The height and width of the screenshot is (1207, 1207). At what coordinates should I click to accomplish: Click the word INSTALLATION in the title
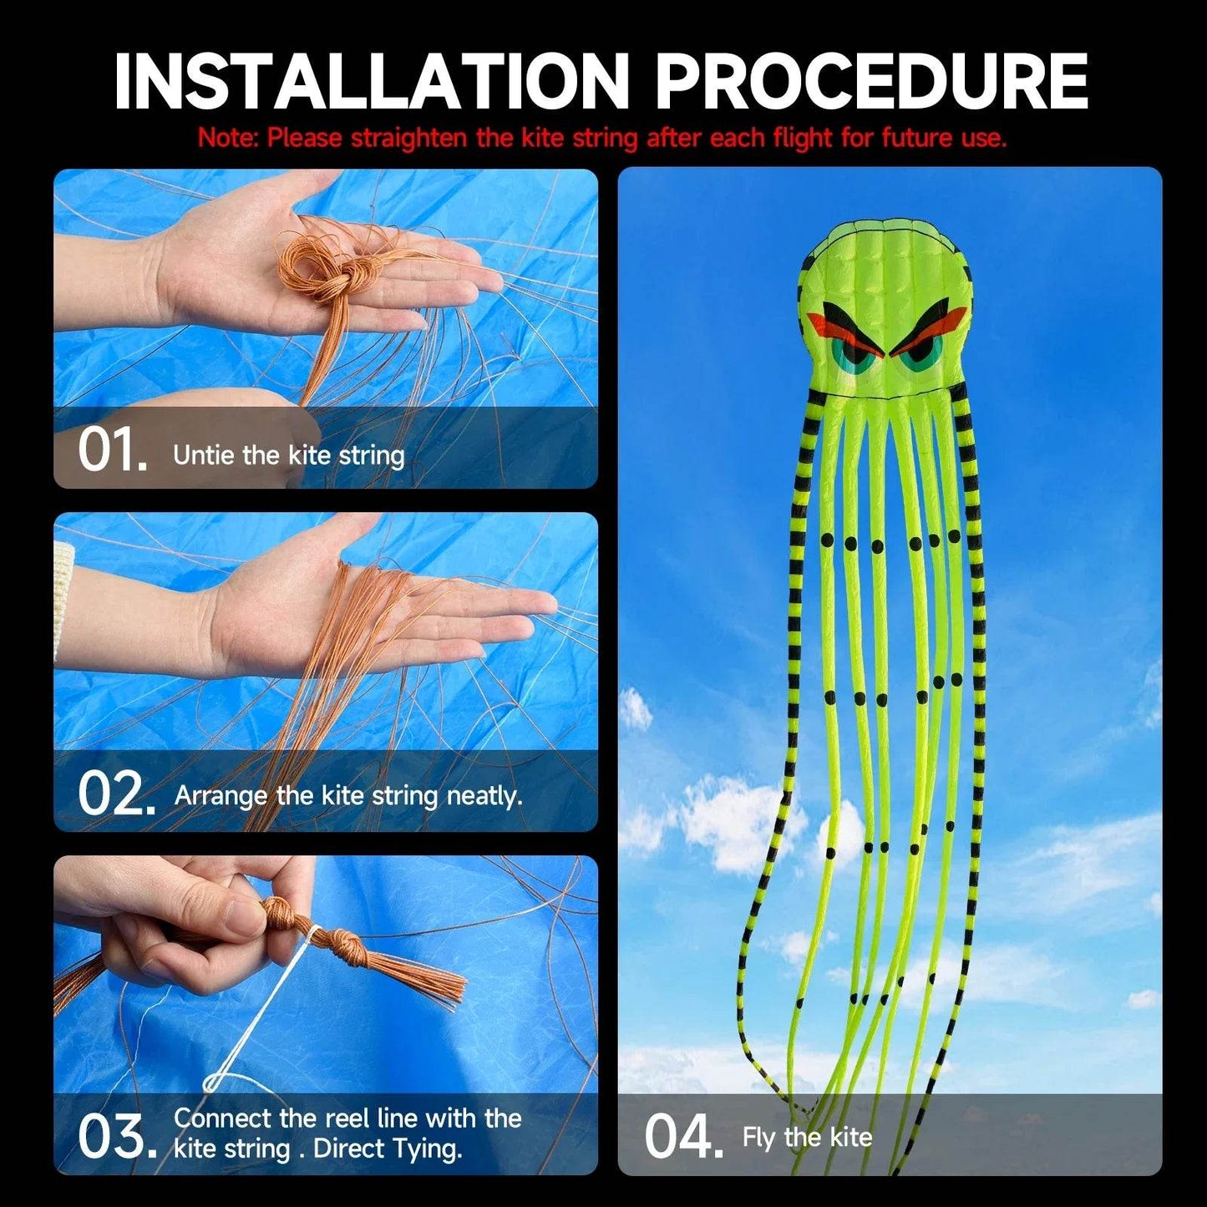coord(371,81)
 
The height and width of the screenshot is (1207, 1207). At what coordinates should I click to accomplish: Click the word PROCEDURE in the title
coord(871,81)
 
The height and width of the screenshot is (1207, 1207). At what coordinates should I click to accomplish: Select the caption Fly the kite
coord(807,1138)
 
